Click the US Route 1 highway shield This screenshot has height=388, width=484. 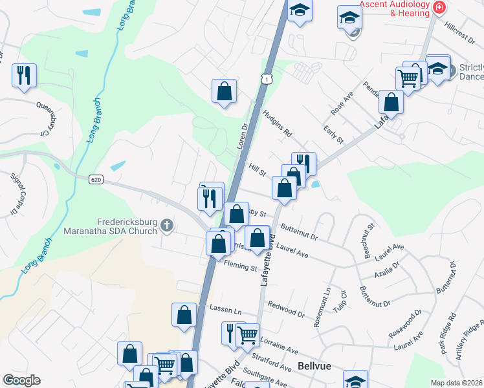coord(267,78)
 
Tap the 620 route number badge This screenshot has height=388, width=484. coord(96,179)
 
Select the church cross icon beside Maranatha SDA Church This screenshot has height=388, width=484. coord(167,225)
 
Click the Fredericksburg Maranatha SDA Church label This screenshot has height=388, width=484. coord(110,226)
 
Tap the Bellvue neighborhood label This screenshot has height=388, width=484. coord(315,366)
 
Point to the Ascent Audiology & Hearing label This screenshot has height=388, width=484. coord(395,8)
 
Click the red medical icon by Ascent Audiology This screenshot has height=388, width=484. coord(440,8)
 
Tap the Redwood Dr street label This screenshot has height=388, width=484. coord(286,308)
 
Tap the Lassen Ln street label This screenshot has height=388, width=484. coord(220,310)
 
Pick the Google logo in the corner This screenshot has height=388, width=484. coord(21,380)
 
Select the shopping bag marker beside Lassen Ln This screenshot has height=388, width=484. coord(184,315)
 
